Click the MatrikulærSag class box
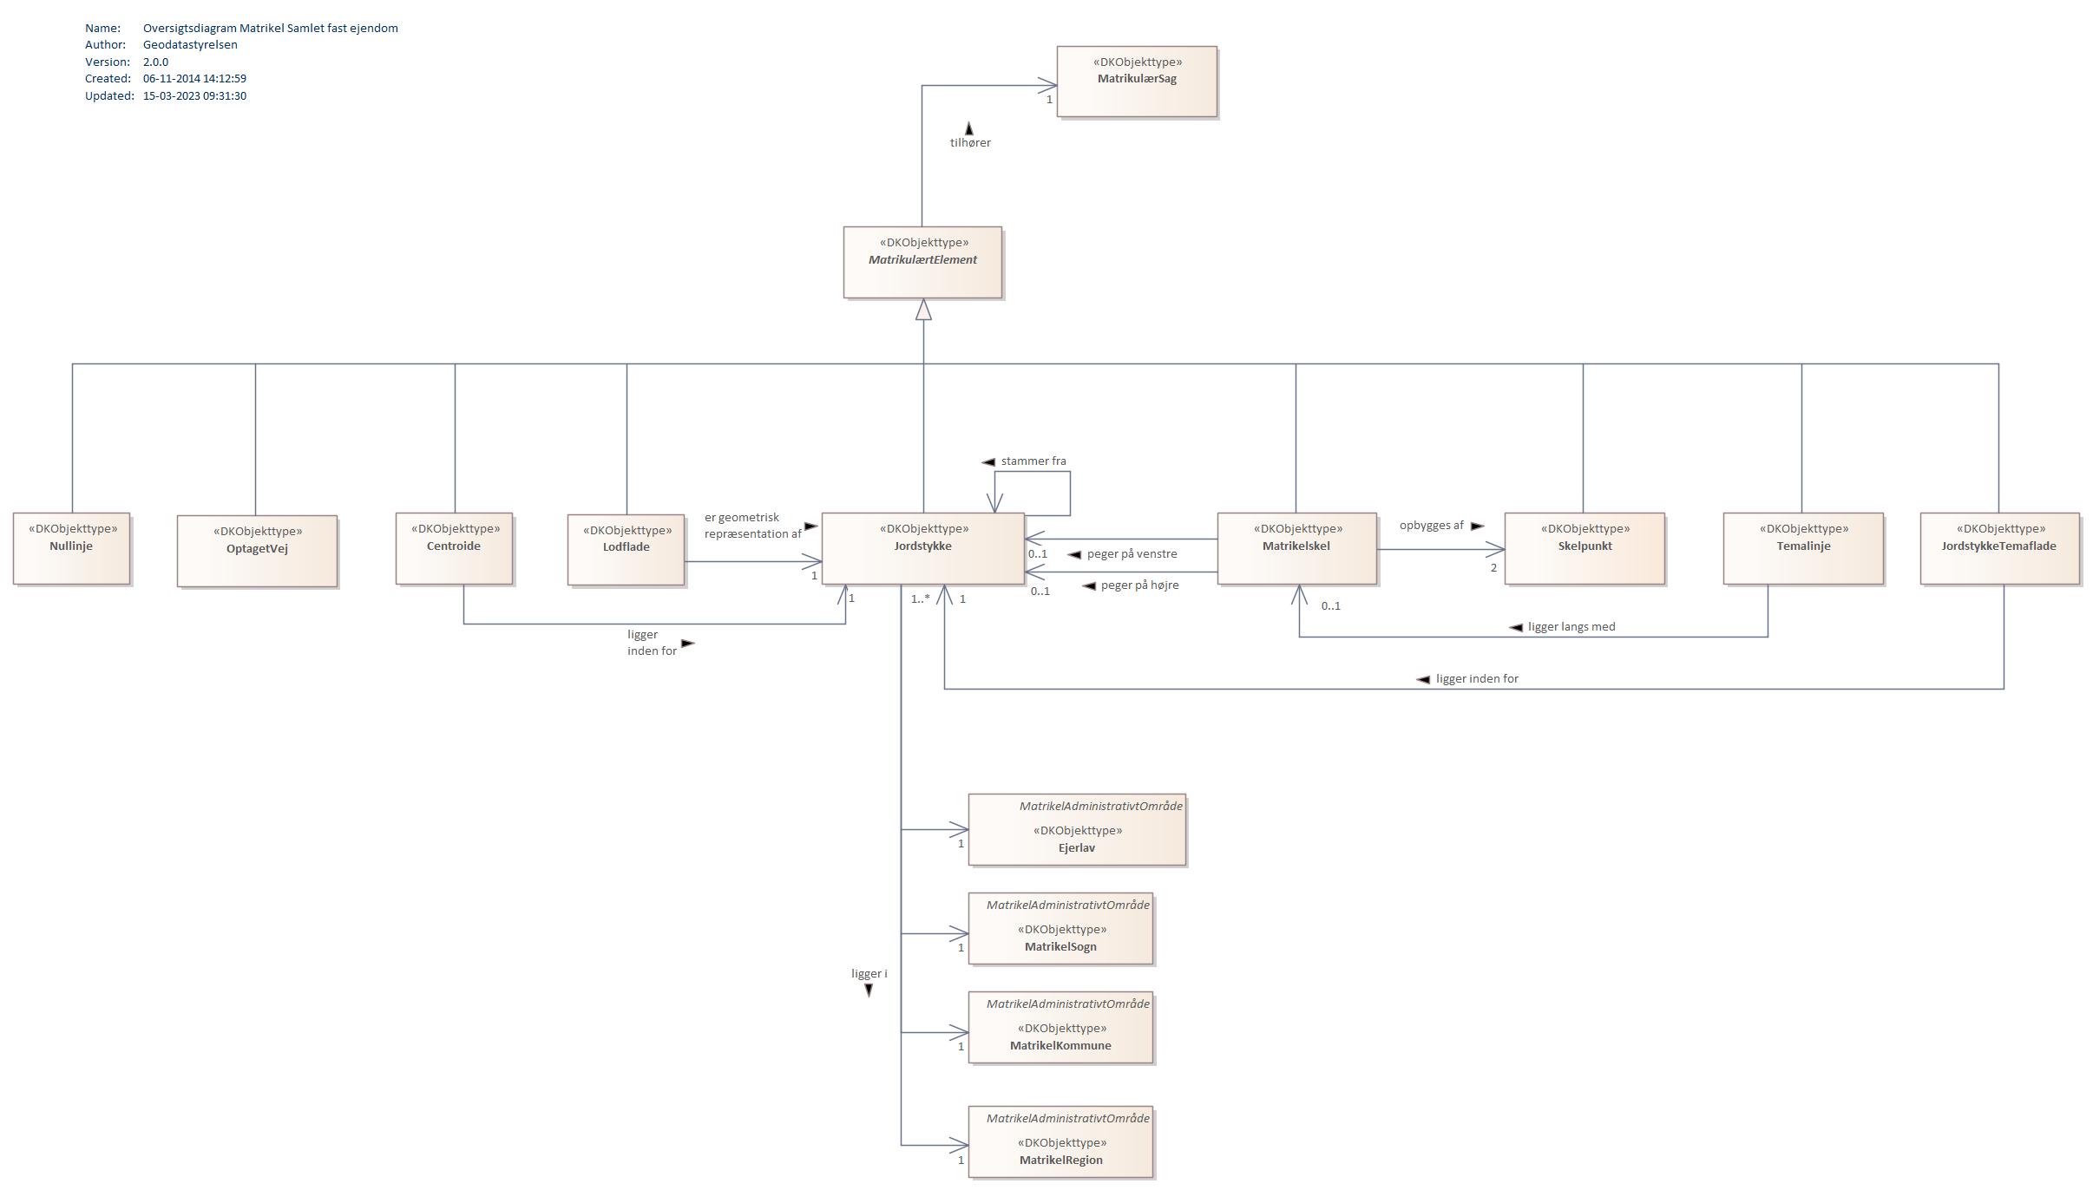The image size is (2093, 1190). coord(1137,82)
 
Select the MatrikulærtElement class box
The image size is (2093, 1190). coord(922,263)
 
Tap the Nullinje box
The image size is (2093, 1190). coord(71,548)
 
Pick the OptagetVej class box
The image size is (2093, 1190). coord(257,551)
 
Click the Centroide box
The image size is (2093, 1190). coord(454,548)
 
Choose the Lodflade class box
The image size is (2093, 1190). coord(626,549)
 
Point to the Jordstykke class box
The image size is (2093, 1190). coord(922,548)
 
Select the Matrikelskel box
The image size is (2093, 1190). coord(1296,548)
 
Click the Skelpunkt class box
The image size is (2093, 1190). coord(1585,548)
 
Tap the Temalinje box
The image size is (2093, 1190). coord(1803,548)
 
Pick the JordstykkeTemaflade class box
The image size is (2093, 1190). coord(1999,548)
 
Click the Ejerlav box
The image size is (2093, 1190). coord(1077,829)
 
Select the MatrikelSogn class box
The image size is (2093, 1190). coord(1060,928)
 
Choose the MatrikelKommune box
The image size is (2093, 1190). coord(1060,1027)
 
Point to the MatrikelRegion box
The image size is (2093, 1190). coord(1060,1141)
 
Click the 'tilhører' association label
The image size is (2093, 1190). coord(970,142)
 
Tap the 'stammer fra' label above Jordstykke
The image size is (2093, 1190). coord(1033,461)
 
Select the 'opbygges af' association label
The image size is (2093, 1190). coord(1431,525)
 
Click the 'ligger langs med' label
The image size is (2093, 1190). coord(1571,626)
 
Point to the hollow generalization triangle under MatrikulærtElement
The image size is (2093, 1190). coord(923,310)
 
